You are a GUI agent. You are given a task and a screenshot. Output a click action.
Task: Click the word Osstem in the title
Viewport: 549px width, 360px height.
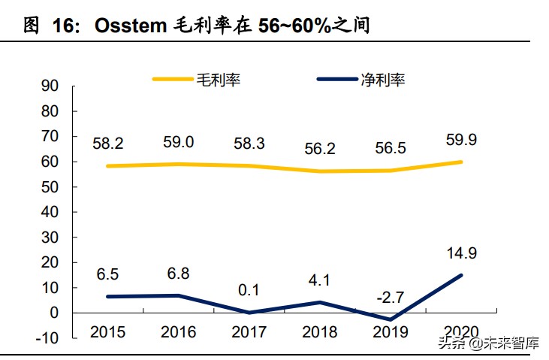(129, 26)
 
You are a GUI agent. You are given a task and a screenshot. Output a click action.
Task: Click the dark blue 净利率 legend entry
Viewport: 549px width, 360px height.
(361, 79)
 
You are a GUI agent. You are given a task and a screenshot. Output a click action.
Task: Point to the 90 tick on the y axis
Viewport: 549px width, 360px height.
(50, 86)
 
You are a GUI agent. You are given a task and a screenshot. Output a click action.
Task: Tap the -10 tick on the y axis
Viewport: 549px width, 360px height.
(47, 338)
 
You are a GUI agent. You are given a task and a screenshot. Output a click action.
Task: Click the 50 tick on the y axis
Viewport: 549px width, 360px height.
(50, 186)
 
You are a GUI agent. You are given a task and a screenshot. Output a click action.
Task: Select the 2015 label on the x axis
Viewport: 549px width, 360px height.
(107, 331)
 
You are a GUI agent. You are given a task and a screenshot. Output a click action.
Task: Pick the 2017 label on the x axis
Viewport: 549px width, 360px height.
(249, 331)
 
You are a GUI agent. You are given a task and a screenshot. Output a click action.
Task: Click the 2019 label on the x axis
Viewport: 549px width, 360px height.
(391, 331)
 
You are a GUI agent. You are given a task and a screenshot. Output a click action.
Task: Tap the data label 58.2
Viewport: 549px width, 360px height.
(107, 143)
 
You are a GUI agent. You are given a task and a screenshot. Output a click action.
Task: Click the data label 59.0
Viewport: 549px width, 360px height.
(178, 141)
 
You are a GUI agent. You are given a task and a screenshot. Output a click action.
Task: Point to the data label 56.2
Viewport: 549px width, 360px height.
(320, 148)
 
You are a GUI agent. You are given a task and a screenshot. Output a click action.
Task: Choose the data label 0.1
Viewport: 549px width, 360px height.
(249, 289)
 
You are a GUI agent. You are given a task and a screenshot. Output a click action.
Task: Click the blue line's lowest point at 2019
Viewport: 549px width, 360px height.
(391, 319)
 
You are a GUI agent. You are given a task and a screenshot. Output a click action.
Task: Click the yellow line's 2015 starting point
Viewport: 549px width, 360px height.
(107, 166)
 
